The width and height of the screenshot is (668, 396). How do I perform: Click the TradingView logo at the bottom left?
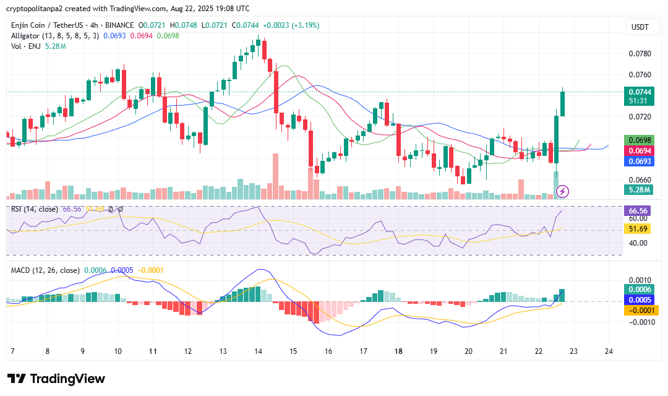[56, 379]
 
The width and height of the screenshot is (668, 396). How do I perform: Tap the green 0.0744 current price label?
[638, 92]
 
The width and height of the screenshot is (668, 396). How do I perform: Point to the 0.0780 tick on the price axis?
[639, 54]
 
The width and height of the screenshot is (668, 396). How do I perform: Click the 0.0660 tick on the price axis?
[639, 179]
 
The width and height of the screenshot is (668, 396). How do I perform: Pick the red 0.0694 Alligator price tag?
[638, 151]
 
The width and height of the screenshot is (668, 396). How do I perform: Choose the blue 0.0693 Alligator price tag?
[638, 161]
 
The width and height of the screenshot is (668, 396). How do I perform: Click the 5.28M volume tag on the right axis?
[638, 190]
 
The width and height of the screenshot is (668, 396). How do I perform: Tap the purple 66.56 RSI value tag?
[638, 211]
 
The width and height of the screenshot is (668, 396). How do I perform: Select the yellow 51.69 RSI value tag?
[638, 229]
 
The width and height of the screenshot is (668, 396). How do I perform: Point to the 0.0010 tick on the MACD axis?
[639, 280]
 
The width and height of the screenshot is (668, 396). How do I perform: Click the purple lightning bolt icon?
[563, 191]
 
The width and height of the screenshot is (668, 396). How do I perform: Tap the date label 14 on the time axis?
[258, 351]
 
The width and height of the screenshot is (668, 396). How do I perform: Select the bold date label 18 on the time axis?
[398, 351]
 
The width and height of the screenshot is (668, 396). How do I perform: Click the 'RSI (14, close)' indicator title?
[35, 209]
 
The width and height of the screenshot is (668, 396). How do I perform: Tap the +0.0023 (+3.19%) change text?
[291, 25]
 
